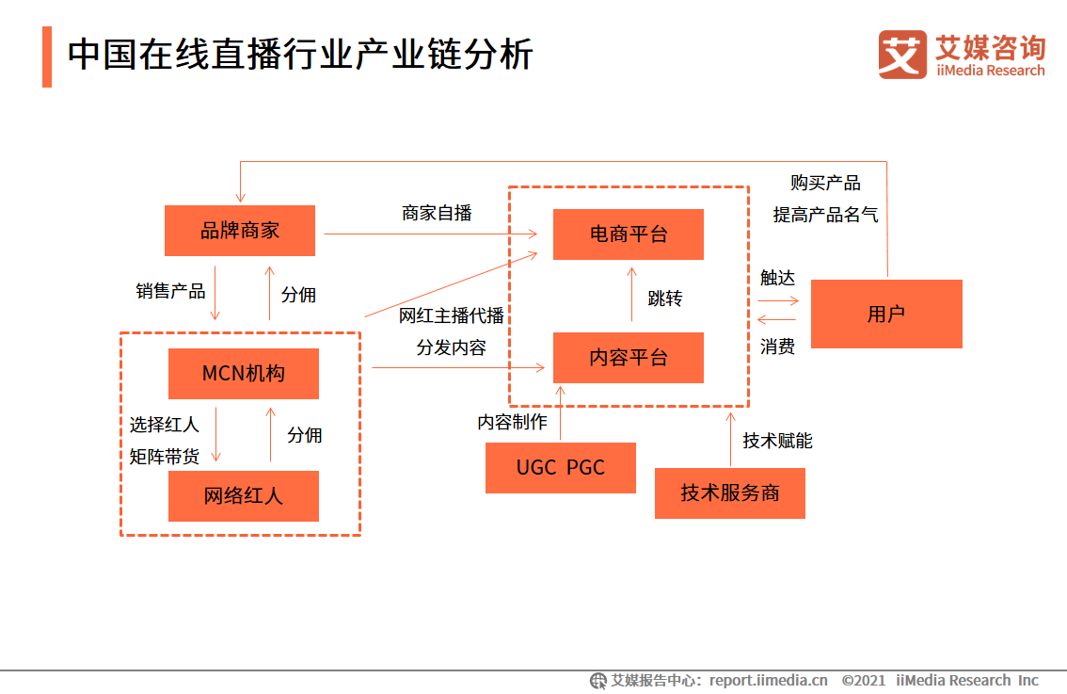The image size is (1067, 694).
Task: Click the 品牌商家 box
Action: tap(240, 231)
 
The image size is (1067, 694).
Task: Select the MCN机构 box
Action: tap(244, 374)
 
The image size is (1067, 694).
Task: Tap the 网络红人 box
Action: tap(244, 496)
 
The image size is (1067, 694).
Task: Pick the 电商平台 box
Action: tap(629, 234)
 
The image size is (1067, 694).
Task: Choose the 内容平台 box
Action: tap(629, 358)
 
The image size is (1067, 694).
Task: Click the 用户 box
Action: tap(886, 315)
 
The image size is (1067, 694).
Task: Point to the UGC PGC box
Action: tap(561, 468)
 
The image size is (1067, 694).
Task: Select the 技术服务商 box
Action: tap(730, 493)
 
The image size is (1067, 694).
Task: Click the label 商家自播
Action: tap(437, 213)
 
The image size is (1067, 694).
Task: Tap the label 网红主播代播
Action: tap(452, 315)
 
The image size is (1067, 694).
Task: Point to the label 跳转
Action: tap(665, 299)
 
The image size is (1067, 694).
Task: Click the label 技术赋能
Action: tap(777, 441)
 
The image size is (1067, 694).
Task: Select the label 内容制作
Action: tap(512, 422)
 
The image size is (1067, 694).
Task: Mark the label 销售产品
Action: tap(170, 291)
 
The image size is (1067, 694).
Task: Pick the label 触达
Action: tap(777, 278)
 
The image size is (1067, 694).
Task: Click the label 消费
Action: tap(777, 347)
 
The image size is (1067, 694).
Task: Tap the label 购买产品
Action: tap(825, 183)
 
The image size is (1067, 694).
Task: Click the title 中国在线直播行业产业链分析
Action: tap(300, 56)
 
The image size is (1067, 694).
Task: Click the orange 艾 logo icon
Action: tap(902, 55)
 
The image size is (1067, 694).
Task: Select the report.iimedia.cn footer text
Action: tap(768, 680)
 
